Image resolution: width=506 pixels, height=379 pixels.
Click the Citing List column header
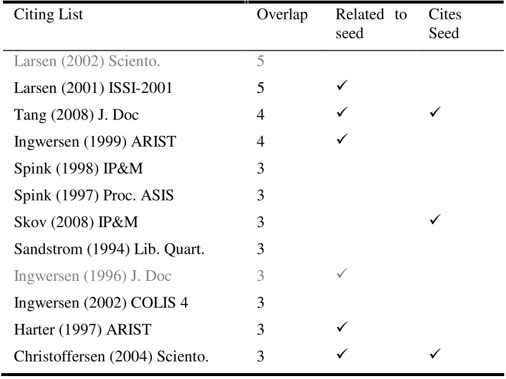point(48,15)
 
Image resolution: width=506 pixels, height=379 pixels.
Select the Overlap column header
point(282,15)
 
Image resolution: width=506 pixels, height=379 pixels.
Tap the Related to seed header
point(371,24)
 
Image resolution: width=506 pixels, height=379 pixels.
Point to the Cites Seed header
point(445,24)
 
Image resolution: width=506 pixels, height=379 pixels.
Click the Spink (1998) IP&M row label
point(70,169)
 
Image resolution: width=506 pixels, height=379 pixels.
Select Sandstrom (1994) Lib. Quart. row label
point(109,249)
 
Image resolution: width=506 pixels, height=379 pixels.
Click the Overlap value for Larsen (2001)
point(261,88)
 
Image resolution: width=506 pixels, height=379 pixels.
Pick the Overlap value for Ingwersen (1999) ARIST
point(261,142)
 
